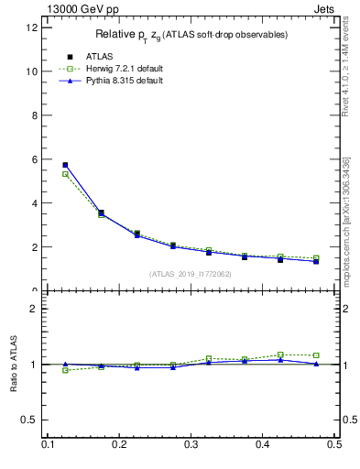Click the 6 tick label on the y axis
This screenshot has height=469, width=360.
34,159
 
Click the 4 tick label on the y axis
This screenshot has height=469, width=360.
34,203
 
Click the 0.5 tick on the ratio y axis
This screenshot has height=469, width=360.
31,420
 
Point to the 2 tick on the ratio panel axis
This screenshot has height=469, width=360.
34,310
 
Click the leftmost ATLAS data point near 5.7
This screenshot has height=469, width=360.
65,165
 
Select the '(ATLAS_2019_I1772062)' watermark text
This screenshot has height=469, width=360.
191,274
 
